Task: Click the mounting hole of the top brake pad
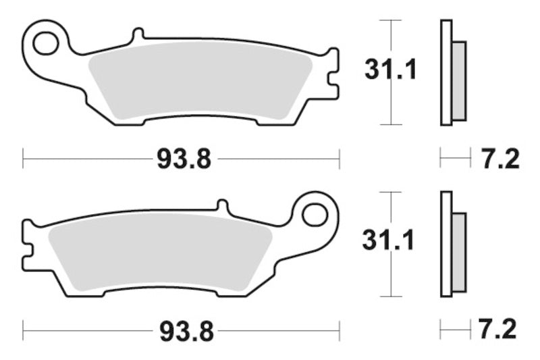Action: [45, 43]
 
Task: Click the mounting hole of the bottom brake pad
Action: [315, 215]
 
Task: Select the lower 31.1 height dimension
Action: [390, 241]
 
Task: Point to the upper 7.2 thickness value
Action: [500, 159]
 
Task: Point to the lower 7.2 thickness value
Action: [500, 331]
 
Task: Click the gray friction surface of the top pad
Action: [199, 84]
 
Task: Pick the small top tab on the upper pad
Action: [138, 34]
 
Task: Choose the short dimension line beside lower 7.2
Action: [455, 331]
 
